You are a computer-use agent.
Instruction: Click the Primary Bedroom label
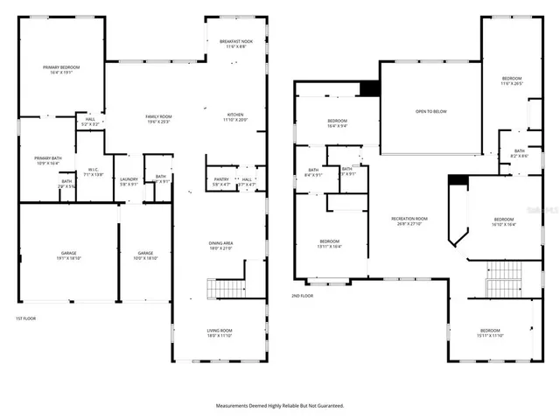point(61,69)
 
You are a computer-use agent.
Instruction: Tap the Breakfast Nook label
point(236,45)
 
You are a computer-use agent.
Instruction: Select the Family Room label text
point(158,119)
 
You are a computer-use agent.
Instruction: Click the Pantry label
point(220,181)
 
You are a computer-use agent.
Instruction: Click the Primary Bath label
point(46,160)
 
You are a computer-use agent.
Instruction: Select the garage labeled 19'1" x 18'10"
point(68,255)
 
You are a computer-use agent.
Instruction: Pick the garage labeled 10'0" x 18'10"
point(144,255)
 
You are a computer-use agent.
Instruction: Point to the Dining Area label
point(220,246)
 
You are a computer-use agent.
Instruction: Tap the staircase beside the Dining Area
point(224,288)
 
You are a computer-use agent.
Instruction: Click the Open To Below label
point(431,112)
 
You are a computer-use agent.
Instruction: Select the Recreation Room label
point(409,220)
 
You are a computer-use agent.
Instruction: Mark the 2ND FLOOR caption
point(302,296)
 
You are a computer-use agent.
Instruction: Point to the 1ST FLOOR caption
point(25,318)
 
